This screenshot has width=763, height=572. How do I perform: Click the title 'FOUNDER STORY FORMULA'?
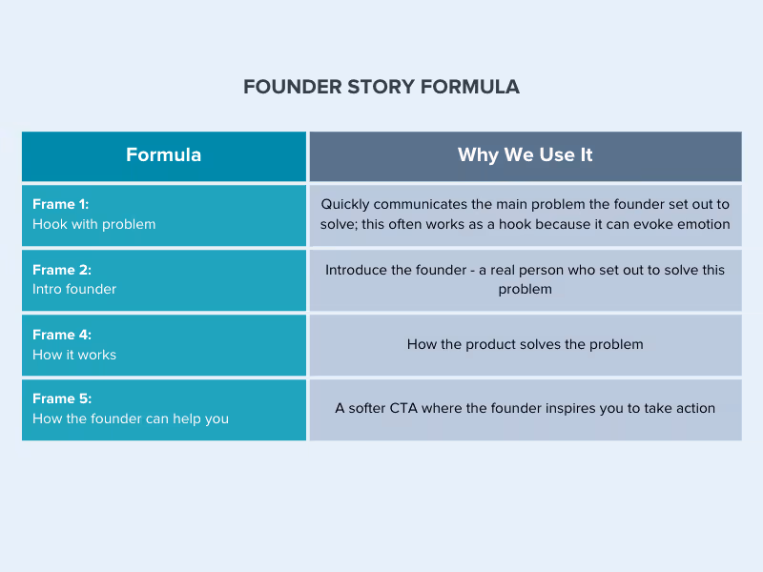tap(381, 87)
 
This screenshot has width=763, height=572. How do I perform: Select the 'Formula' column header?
tap(163, 155)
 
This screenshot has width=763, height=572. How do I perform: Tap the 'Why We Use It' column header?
tap(525, 155)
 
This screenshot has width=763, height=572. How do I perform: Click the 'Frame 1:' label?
tap(61, 204)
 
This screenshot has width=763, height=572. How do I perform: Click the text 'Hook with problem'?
tap(93, 224)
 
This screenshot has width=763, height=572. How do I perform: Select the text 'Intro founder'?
tap(74, 289)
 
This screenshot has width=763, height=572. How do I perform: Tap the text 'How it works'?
tap(74, 355)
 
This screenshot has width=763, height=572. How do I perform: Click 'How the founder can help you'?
tap(131, 419)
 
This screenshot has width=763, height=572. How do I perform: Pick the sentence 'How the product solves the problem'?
tap(525, 344)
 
